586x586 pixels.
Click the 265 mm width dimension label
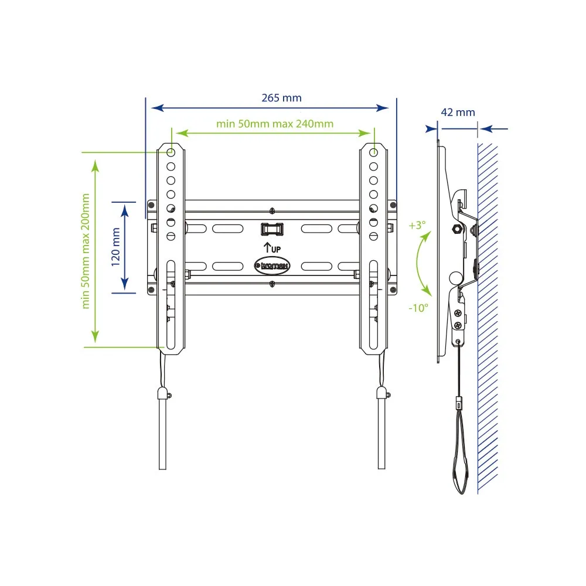click(281, 98)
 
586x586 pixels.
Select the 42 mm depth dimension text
click(458, 112)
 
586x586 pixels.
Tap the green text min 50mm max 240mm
click(275, 124)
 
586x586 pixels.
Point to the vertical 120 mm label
click(116, 247)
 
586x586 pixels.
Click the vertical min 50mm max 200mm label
click(86, 251)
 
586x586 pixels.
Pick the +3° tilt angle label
click(417, 226)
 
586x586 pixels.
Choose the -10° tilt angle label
click(418, 308)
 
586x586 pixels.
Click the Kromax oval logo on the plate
click(272, 265)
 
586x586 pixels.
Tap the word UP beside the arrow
click(276, 250)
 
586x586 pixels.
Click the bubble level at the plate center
click(272, 229)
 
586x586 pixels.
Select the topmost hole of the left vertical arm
click(171, 152)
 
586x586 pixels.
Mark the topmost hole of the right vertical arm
click(373, 152)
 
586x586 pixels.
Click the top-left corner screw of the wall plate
click(151, 205)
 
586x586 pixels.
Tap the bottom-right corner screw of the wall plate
click(393, 289)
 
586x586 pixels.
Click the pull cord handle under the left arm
click(162, 428)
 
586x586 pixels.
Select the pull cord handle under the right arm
click(381, 428)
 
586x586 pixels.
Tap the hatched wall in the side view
click(488, 318)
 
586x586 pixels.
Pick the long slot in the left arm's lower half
click(171, 305)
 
